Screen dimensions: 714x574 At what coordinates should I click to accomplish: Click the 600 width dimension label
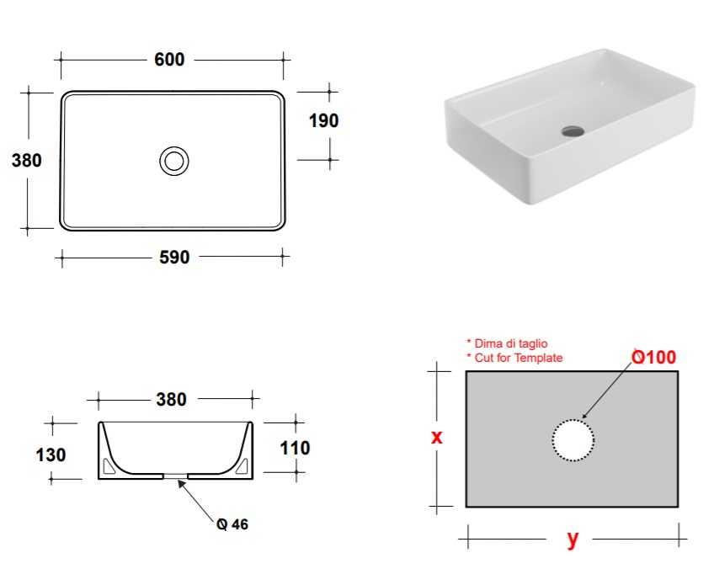pos(169,60)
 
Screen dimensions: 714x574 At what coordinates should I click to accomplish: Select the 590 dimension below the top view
pos(174,258)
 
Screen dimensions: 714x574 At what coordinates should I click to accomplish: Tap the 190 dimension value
pos(324,120)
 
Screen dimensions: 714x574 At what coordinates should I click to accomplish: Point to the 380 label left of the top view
pos(27,160)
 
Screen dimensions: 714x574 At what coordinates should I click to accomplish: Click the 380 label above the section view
pos(171,399)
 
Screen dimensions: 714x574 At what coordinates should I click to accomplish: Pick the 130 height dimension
pos(51,454)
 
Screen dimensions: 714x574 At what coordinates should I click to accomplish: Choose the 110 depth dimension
pos(295,448)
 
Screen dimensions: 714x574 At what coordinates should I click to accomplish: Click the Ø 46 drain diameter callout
pos(232,524)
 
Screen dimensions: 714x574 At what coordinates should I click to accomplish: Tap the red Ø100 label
pos(654,357)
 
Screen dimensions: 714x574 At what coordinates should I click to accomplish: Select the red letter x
pos(436,437)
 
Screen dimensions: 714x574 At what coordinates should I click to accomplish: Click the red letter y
pos(573,539)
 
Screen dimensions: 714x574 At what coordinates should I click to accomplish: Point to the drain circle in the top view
pos(174,147)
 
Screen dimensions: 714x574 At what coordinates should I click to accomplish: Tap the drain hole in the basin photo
pos(573,131)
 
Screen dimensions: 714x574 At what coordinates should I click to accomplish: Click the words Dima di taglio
pos(511,343)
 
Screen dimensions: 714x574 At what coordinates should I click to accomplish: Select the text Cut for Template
pos(519,358)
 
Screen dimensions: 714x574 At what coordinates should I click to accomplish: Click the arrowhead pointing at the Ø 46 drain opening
pos(182,484)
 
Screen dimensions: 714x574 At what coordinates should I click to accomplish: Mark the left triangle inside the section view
pos(109,466)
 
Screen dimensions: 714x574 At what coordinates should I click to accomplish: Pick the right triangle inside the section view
pos(242,466)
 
